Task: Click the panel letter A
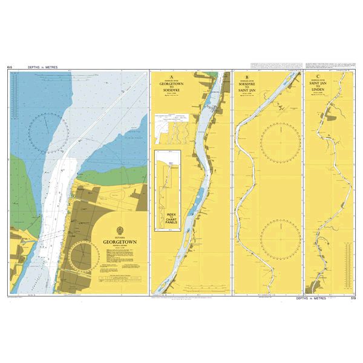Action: [171, 77]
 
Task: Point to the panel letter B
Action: [247, 77]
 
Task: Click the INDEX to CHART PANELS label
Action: [171, 216]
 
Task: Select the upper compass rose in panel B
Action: [280, 140]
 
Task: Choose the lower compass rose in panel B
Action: [280, 237]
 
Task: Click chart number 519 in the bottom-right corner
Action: [353, 298]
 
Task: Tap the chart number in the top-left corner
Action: [10, 67]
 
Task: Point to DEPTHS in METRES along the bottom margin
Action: [311, 298]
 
